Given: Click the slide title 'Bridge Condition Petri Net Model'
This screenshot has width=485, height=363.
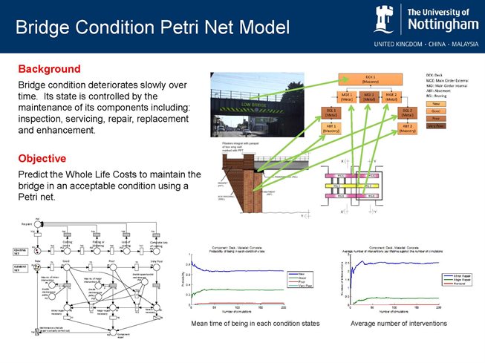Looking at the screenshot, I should click(x=152, y=28).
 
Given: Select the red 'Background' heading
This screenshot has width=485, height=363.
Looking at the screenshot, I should click(x=51, y=68).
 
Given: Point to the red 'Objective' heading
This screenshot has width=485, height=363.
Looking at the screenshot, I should click(x=42, y=158).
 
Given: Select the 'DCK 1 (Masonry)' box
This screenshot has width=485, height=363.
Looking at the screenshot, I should click(x=368, y=79).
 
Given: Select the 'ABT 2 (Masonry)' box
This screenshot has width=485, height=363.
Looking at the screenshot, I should click(x=408, y=128).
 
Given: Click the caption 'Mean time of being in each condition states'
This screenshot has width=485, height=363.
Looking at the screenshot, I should click(x=255, y=324).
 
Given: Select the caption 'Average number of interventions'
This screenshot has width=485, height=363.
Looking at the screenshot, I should click(x=398, y=324).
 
